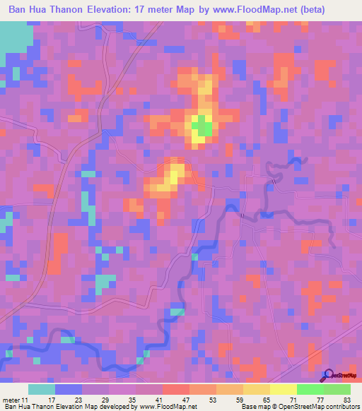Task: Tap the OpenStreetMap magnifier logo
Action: tap(328, 375)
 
